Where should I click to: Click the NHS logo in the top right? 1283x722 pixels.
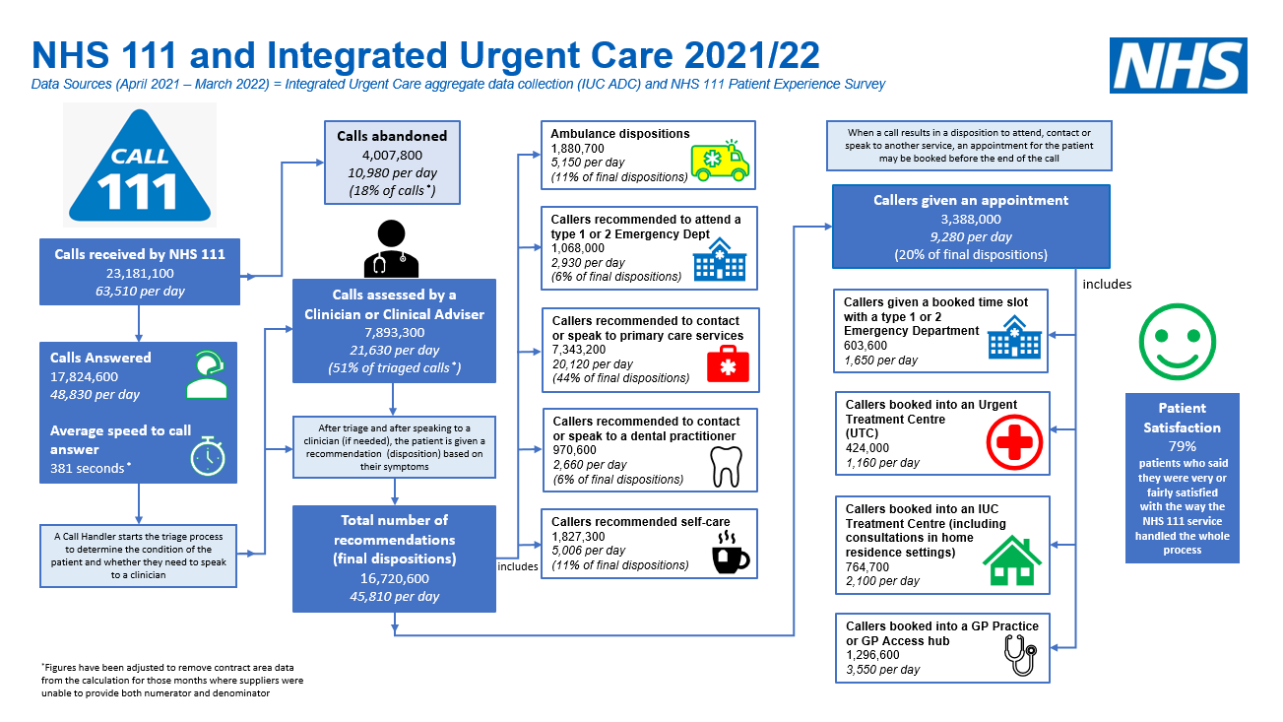pos(1179,65)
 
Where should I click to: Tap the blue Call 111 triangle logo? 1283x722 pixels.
pos(140,166)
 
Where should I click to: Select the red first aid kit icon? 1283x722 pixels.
pos(728,363)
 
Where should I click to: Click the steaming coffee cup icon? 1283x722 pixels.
pos(731,552)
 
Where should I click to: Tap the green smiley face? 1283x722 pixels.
pos(1177,342)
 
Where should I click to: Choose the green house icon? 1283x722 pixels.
pos(1012,560)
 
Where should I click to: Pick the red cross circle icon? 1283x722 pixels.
pos(1014,442)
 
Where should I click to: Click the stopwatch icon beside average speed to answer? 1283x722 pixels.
pos(208,456)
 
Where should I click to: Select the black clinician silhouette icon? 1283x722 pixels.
pos(391,248)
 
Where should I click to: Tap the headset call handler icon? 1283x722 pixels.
pos(207,374)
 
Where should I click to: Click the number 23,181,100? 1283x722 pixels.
pos(140,273)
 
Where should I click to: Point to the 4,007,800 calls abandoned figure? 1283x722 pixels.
pos(392,155)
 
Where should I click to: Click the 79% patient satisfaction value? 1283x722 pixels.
pos(1183,446)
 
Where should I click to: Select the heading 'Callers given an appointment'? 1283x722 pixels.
pos(971,201)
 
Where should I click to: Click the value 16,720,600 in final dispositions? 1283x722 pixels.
pos(394,578)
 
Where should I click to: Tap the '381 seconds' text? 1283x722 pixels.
pos(87,468)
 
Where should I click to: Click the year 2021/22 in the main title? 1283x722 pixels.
pos(752,55)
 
